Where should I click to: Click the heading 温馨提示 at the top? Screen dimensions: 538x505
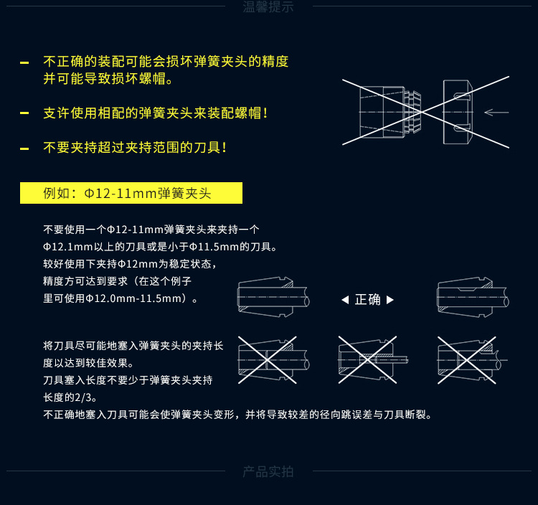pyautogui.click(x=268, y=8)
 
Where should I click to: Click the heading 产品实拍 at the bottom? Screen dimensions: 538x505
pyautogui.click(x=268, y=471)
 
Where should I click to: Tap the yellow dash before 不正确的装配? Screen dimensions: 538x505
pyautogui.click(x=24, y=63)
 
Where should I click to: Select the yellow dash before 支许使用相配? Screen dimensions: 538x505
pyautogui.click(x=24, y=114)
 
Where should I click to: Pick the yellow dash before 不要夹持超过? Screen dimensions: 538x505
pyautogui.click(x=24, y=148)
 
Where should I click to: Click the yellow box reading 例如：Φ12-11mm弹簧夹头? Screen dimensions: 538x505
pyautogui.click(x=131, y=193)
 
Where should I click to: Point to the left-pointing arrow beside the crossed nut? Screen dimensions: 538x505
pyautogui.click(x=496, y=112)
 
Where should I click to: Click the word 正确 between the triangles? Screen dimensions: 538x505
pyautogui.click(x=368, y=299)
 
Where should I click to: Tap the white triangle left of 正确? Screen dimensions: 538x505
pyautogui.click(x=345, y=300)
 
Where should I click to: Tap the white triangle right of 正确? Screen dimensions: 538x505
pyautogui.click(x=390, y=300)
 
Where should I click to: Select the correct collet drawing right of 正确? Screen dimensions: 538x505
pyautogui.click(x=472, y=296)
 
